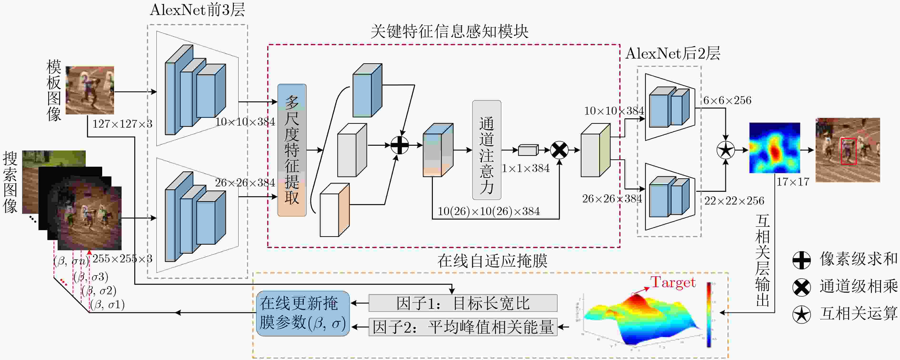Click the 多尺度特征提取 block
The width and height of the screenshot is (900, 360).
click(x=292, y=150)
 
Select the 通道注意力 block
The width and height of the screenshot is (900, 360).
click(x=486, y=150)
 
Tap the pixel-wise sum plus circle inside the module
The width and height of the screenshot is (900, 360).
click(x=399, y=145)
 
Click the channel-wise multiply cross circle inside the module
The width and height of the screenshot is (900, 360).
click(x=559, y=150)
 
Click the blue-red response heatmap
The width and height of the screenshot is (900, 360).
click(x=775, y=148)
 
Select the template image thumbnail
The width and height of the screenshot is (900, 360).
click(x=90, y=90)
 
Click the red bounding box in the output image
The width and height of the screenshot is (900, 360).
click(x=848, y=151)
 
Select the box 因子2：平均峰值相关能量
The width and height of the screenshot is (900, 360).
click(x=463, y=327)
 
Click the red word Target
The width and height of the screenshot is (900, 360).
click(x=673, y=282)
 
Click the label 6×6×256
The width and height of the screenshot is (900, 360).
click(x=727, y=100)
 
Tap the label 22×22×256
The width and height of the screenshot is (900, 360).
click(x=734, y=201)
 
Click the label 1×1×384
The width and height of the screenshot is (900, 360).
click(x=525, y=169)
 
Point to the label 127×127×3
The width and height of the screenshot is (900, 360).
click(x=122, y=124)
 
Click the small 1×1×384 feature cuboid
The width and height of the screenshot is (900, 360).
click(x=528, y=150)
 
